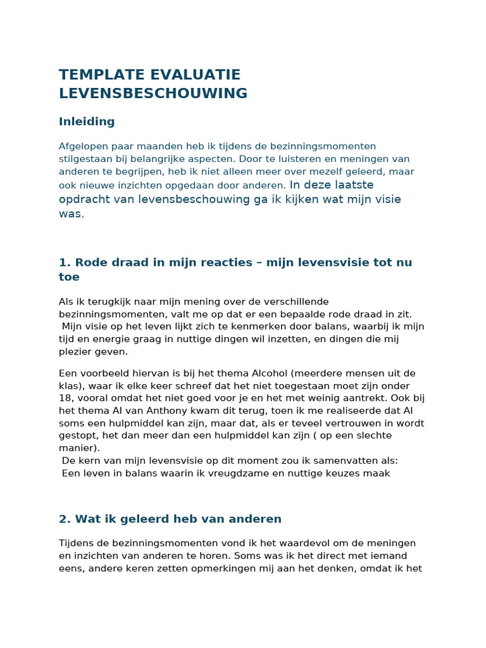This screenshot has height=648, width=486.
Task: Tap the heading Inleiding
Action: click(x=87, y=121)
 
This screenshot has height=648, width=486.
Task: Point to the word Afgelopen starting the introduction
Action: click(x=84, y=146)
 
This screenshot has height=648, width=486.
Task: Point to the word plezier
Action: click(x=75, y=351)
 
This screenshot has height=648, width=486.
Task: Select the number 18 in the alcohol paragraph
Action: click(x=66, y=398)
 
